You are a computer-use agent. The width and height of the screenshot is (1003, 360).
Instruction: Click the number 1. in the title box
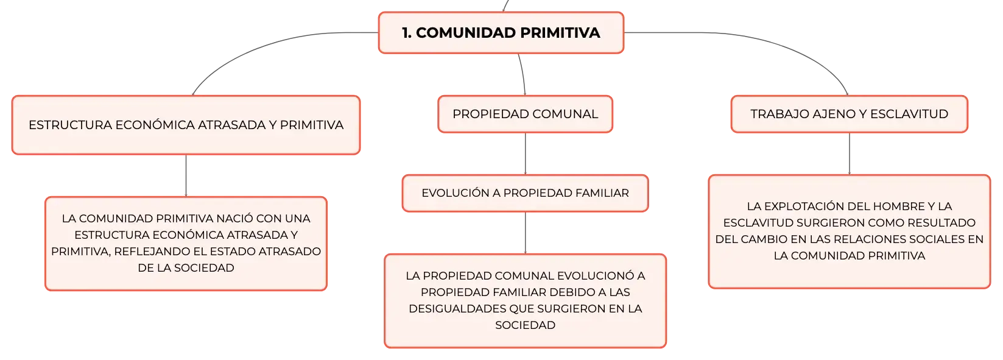pos(407,33)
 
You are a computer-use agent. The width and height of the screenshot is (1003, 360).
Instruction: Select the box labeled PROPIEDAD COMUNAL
pos(525,114)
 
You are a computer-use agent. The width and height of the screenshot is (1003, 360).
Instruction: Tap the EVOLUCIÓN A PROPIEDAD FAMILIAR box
pos(525,193)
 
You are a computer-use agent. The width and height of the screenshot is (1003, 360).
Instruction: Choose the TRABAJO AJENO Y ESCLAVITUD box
pos(850,114)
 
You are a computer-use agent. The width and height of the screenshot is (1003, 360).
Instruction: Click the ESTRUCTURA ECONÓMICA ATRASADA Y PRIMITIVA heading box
pos(186,125)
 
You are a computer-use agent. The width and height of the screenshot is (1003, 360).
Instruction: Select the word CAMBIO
pos(763,239)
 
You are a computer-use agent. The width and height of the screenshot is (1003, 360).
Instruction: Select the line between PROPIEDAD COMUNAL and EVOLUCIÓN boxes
pos(525,154)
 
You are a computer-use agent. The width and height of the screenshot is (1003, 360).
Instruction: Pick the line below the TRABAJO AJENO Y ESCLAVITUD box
pos(850,154)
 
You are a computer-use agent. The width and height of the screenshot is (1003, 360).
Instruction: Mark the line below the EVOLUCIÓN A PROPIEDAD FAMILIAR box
pos(525,233)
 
